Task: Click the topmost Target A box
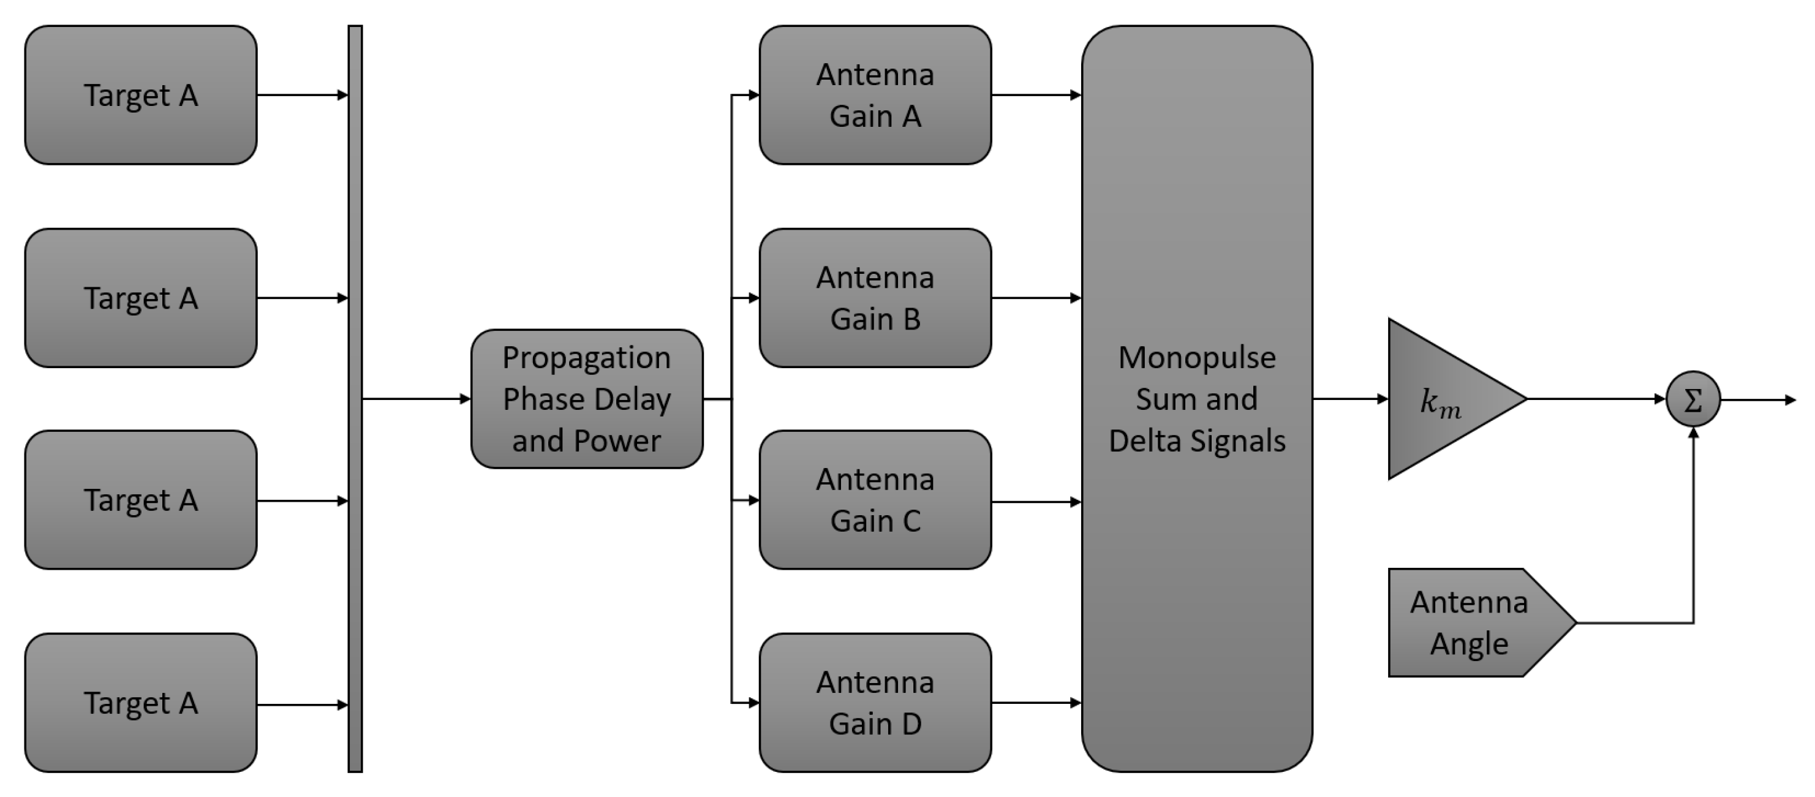(140, 95)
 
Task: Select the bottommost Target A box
(140, 703)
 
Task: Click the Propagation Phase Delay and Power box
(586, 399)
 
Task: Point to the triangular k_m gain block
(1441, 399)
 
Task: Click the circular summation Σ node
(1692, 399)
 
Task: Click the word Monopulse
(1196, 358)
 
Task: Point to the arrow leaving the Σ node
(1758, 400)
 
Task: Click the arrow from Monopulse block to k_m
(1349, 399)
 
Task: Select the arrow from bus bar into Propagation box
(416, 399)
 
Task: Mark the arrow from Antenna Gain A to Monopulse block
(1036, 94)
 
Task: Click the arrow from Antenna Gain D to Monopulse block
(1036, 703)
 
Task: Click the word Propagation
(586, 358)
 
